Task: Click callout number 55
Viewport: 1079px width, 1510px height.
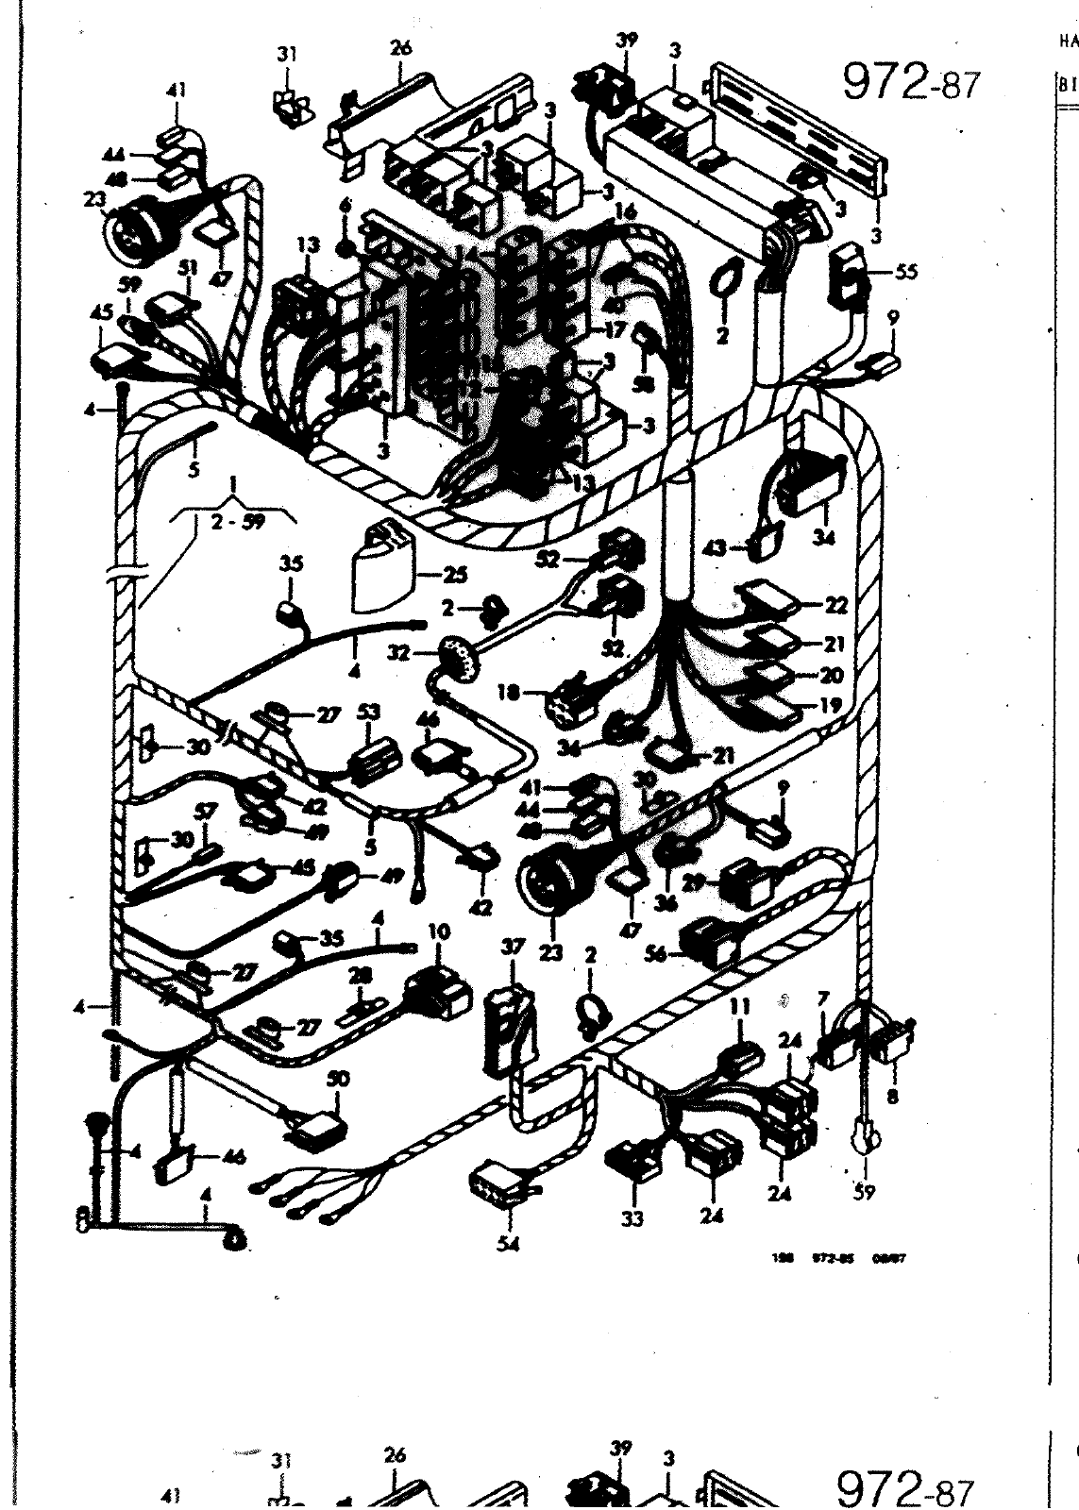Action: [x=907, y=272]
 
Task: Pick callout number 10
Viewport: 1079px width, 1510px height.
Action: [x=439, y=932]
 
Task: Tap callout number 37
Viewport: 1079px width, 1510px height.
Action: [x=513, y=948]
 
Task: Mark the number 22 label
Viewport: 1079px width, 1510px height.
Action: [x=835, y=605]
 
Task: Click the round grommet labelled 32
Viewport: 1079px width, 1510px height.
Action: [x=458, y=655]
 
